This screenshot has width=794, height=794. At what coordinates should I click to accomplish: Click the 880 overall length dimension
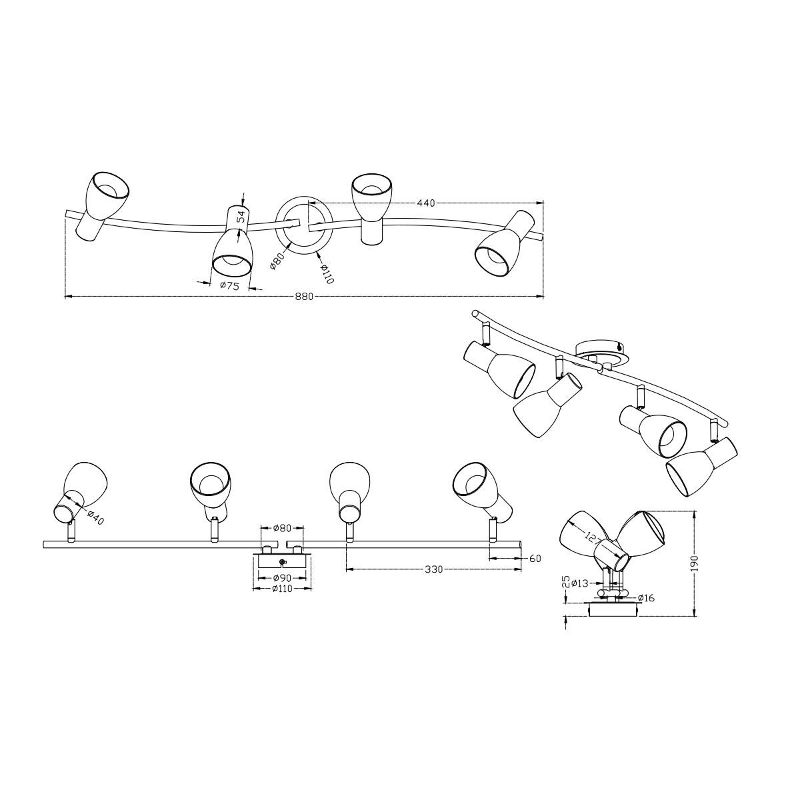click(304, 297)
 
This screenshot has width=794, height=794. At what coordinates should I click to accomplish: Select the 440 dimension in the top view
click(426, 203)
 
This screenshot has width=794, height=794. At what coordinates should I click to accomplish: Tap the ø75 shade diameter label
click(229, 285)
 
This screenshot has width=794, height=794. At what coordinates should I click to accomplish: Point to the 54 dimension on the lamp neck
click(241, 217)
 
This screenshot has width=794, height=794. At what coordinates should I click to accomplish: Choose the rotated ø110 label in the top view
click(327, 273)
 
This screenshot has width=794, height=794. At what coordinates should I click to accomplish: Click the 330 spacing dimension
click(433, 570)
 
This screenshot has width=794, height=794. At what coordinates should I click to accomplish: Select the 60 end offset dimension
click(535, 559)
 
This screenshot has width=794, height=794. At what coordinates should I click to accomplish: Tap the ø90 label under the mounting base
click(282, 578)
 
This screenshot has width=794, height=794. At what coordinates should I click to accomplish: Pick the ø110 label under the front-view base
click(282, 589)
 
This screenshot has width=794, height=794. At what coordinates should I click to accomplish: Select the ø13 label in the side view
click(580, 583)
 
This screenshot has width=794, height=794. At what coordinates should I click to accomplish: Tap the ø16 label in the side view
click(646, 598)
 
